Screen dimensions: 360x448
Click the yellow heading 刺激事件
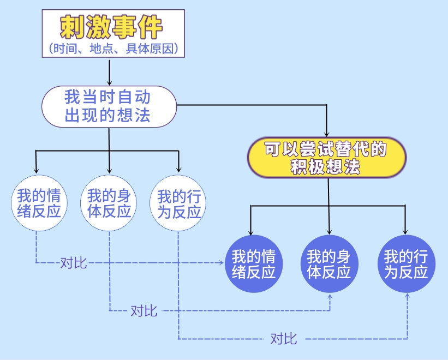(112, 26)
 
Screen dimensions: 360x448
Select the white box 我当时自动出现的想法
(109, 106)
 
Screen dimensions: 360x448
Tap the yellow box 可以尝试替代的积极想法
(327, 158)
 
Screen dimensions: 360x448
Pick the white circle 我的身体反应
(109, 203)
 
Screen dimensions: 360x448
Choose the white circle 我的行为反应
(179, 203)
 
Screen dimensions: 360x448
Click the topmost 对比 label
(73, 263)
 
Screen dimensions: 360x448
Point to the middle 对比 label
(144, 311)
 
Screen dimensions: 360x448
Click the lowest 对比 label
(284, 339)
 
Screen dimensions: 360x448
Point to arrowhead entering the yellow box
(327, 134)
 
